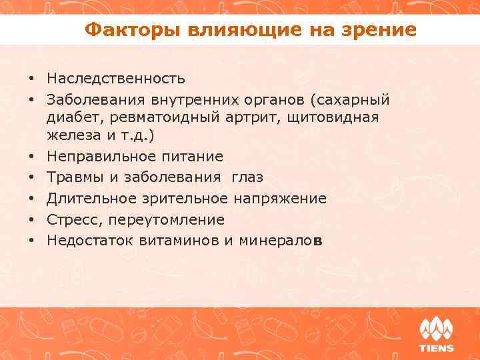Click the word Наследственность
coord(116,79)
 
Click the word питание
coord(193,156)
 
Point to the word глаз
coord(247,177)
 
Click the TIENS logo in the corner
coord(436,334)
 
